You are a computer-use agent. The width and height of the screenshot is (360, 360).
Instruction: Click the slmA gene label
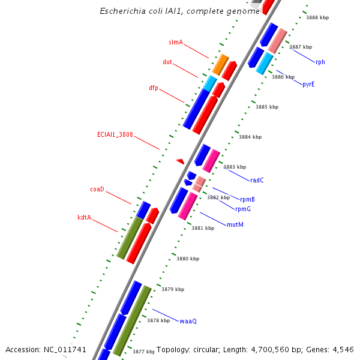(176, 43)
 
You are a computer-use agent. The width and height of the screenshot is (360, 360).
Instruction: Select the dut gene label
(167, 62)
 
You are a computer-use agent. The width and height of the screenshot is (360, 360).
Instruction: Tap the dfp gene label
(154, 88)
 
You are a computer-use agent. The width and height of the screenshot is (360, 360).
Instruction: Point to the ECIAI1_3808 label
(115, 134)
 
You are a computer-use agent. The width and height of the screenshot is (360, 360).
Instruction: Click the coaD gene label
(97, 189)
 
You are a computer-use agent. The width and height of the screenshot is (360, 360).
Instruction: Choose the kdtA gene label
(84, 217)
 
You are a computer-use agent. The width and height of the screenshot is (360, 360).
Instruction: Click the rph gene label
(320, 62)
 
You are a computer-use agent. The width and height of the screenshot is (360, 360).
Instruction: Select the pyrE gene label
(308, 84)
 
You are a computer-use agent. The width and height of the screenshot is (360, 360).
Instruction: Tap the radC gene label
(257, 180)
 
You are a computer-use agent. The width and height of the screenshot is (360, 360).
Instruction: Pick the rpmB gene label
(247, 199)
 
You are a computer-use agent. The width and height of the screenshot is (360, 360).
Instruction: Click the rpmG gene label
(243, 209)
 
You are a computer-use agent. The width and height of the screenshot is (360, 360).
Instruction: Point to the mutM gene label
(235, 224)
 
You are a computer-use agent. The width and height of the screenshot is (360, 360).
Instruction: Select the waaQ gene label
(188, 321)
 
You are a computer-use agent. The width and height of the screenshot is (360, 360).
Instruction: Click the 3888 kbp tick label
(317, 17)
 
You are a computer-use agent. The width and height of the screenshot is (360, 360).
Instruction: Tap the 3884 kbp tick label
(250, 137)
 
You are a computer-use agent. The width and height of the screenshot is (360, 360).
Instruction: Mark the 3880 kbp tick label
(188, 259)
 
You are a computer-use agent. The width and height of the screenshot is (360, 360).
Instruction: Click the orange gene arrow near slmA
(220, 64)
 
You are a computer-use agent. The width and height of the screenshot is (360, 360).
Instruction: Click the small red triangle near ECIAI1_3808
(180, 161)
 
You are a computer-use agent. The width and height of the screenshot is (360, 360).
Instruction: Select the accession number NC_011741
(65, 349)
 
